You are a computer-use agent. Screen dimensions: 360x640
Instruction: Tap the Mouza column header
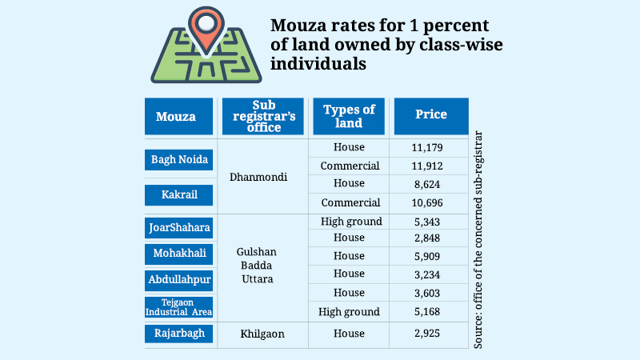179,117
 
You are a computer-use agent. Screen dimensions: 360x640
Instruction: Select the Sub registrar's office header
262,117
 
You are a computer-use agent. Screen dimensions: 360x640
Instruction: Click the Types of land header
348,117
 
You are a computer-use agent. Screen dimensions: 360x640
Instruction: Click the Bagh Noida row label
180,159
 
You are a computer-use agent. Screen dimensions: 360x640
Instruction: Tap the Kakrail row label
180,195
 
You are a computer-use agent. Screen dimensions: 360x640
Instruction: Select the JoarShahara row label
180,227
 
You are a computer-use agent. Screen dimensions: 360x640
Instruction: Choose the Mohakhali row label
180,254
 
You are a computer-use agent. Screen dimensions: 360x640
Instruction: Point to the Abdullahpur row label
180,280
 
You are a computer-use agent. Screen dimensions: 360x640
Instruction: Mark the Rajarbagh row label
180,334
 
